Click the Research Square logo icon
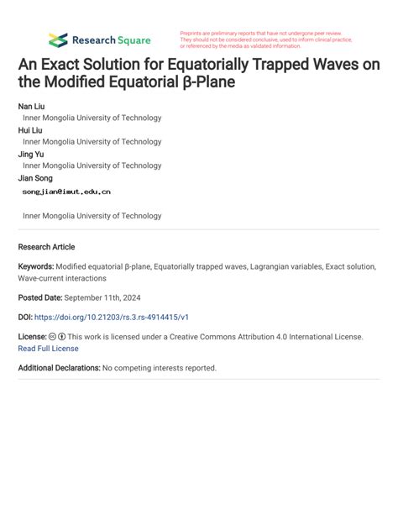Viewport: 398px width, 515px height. pyautogui.click(x=57, y=39)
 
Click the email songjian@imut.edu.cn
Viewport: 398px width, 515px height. pyautogui.click(x=66, y=192)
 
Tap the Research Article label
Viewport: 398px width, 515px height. pyautogui.click(x=46, y=247)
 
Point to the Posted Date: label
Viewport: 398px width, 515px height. pyautogui.click(x=43, y=298)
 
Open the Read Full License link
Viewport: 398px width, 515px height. pyautogui.click(x=48, y=349)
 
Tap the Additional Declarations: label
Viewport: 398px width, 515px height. pyautogui.click(x=59, y=368)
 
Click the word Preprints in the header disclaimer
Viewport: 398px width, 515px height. pyautogui.click(x=192, y=33)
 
